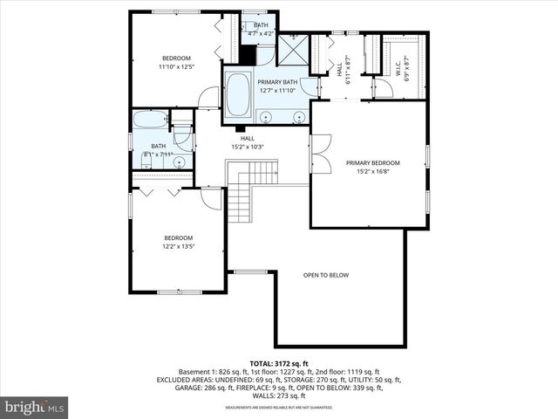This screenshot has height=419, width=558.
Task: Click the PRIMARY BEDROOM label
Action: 372,162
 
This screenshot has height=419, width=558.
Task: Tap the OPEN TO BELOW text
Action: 325,276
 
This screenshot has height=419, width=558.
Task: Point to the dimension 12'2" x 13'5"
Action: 178,246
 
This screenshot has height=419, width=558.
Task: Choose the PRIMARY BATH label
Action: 276,81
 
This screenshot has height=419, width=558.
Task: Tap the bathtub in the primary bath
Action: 238,97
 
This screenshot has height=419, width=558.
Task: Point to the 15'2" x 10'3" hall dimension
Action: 248,147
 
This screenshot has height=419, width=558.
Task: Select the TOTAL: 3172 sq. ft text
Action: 279,363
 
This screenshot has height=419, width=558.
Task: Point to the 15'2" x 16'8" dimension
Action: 372,172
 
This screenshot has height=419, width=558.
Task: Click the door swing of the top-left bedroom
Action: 206,99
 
